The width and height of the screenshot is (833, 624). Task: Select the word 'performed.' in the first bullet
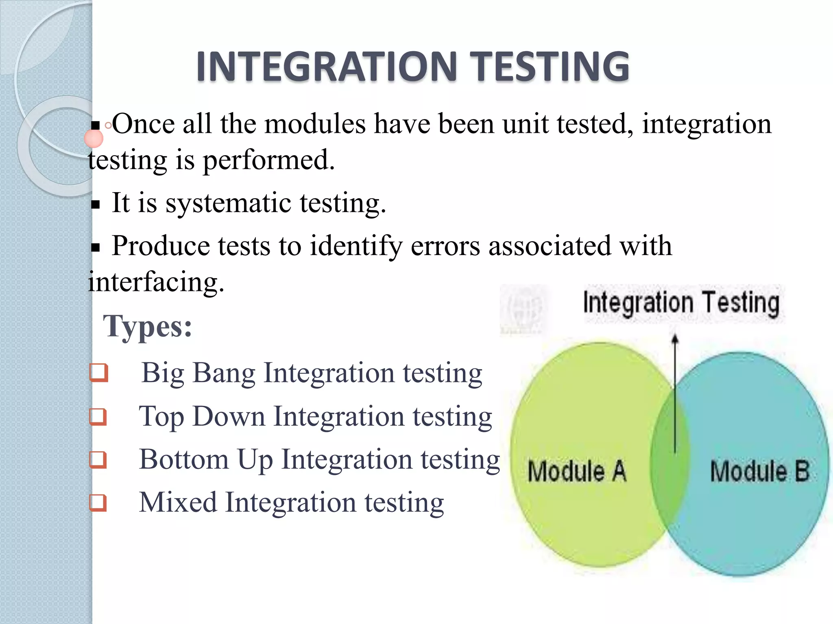[268, 160]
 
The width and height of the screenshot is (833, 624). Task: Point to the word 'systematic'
[228, 203]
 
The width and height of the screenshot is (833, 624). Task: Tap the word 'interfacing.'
[156, 282]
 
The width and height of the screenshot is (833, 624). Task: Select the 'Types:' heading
[147, 327]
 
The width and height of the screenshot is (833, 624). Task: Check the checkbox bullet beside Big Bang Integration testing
[99, 373]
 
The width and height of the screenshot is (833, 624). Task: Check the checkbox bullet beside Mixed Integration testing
[98, 503]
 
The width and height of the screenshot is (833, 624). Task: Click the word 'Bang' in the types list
[224, 373]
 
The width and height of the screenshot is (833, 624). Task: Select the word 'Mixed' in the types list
[178, 503]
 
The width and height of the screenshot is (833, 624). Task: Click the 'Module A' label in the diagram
[577, 471]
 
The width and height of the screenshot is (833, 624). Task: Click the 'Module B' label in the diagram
[759, 471]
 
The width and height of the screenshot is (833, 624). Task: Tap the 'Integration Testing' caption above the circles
[681, 303]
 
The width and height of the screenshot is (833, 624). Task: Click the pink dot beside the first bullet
[94, 139]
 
